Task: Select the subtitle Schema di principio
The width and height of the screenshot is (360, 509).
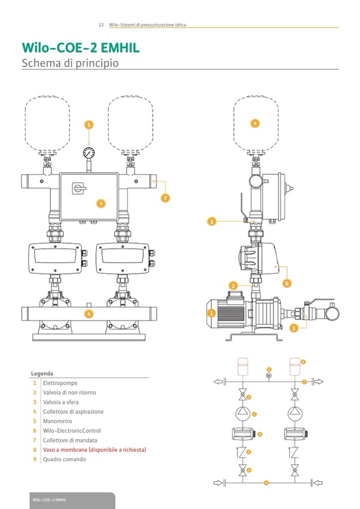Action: click(x=70, y=63)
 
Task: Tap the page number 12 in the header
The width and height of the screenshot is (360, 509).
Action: click(x=101, y=25)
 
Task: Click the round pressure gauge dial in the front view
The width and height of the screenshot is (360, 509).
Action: click(x=89, y=153)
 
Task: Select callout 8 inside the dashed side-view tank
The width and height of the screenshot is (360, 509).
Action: click(x=255, y=123)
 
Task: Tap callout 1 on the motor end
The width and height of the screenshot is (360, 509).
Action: click(x=211, y=313)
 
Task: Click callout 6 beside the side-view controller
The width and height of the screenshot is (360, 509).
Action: click(x=287, y=283)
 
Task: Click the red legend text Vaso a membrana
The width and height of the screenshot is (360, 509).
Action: click(x=94, y=450)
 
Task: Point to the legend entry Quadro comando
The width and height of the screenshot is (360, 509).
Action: click(x=64, y=459)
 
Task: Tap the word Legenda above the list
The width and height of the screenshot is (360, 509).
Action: click(x=42, y=373)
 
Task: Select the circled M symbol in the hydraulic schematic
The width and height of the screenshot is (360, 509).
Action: click(x=269, y=376)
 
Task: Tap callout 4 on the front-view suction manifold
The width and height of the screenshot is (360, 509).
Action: click(x=89, y=314)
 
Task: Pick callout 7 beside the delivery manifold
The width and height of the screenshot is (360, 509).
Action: click(x=165, y=198)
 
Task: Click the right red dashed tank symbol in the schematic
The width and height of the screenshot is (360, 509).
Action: click(x=295, y=366)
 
